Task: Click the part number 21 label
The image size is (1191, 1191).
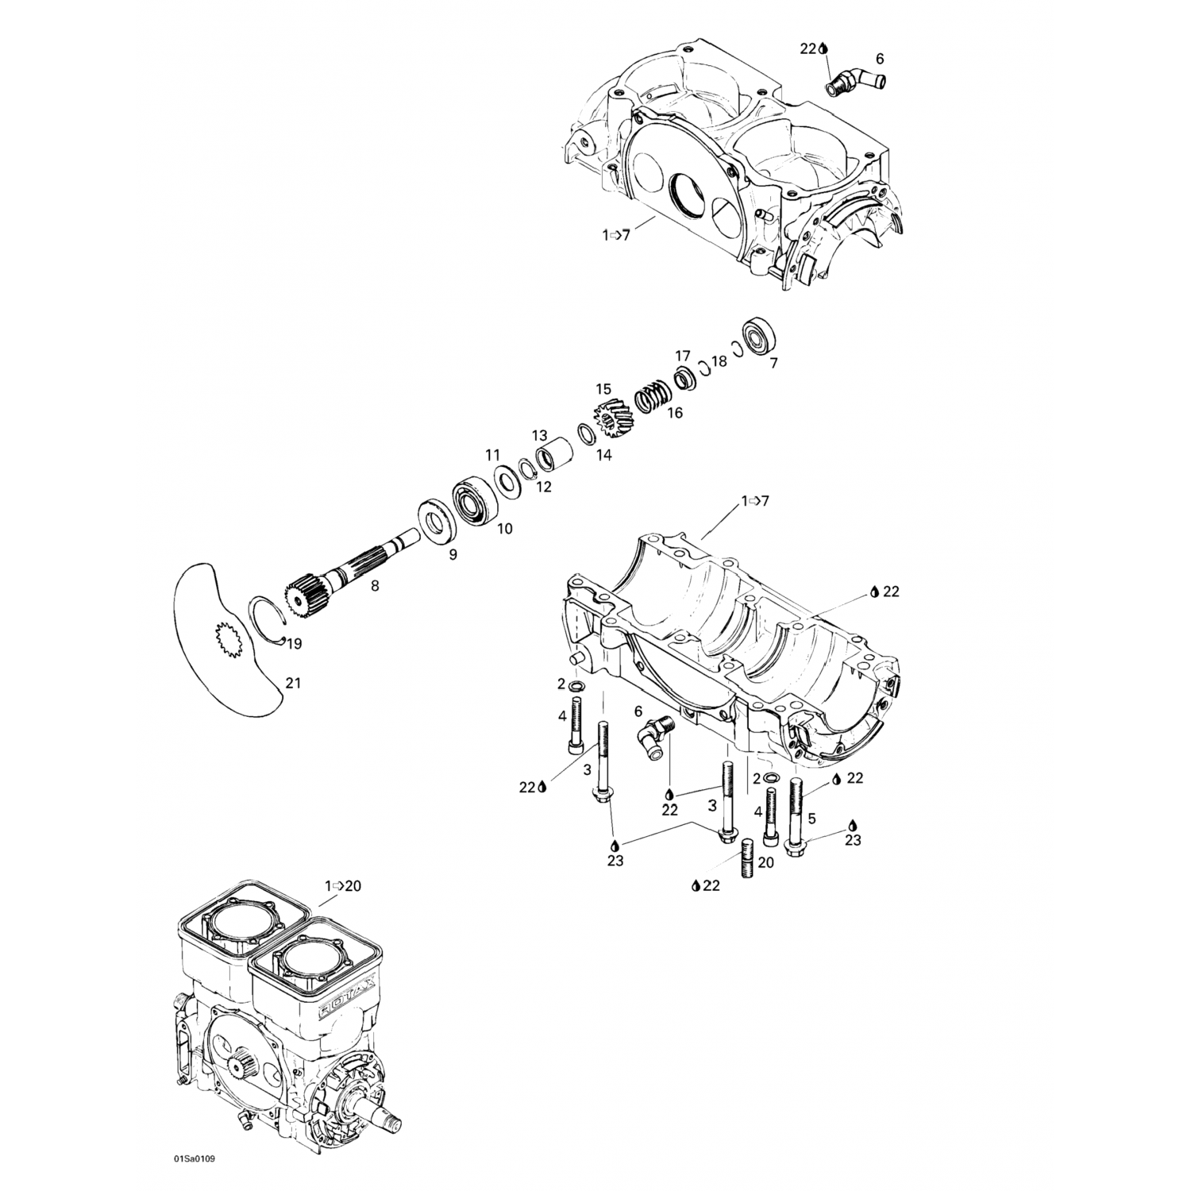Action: tap(293, 683)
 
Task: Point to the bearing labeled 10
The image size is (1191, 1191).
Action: tap(475, 500)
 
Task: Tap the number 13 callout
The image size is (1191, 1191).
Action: tap(540, 435)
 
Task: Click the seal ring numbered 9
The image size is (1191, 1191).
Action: tap(435, 520)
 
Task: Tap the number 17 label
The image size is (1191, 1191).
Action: tap(683, 356)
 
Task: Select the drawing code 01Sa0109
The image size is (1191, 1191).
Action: tap(194, 1158)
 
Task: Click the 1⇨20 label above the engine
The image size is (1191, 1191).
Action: tap(342, 885)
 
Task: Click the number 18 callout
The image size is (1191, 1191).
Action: tap(719, 361)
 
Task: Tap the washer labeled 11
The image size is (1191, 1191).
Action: tap(504, 482)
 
